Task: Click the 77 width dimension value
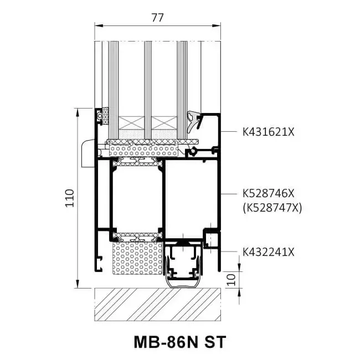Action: point(157,18)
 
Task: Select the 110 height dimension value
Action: point(69,198)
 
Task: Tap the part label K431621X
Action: point(269,132)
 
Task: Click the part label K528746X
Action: point(269,194)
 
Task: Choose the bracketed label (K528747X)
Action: point(271,208)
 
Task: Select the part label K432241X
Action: point(269,252)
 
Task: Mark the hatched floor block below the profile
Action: point(157,305)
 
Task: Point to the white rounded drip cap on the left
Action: point(88,153)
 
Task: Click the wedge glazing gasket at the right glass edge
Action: point(194,122)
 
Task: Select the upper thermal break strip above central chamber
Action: point(137,161)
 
